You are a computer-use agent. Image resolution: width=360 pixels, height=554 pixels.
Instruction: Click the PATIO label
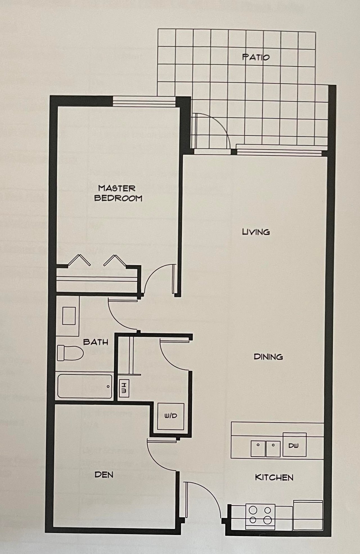point(256,57)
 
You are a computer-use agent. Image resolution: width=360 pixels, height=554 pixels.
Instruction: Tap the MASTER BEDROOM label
point(118,193)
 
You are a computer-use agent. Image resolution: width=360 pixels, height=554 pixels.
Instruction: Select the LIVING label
point(256,232)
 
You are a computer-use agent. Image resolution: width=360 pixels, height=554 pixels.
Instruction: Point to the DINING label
point(268,357)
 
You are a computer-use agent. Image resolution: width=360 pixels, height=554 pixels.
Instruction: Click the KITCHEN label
point(274,477)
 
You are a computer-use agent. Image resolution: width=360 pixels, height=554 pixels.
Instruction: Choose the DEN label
point(104,475)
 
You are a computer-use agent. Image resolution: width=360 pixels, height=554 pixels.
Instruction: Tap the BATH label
point(96,342)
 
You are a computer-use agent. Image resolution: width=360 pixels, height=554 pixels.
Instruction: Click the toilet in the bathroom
point(70,353)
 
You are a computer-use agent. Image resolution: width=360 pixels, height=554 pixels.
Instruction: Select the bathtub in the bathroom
point(85,386)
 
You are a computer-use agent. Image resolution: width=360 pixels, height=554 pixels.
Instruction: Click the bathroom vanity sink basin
point(69,316)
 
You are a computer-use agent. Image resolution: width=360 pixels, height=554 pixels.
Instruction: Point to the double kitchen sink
point(265,449)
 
